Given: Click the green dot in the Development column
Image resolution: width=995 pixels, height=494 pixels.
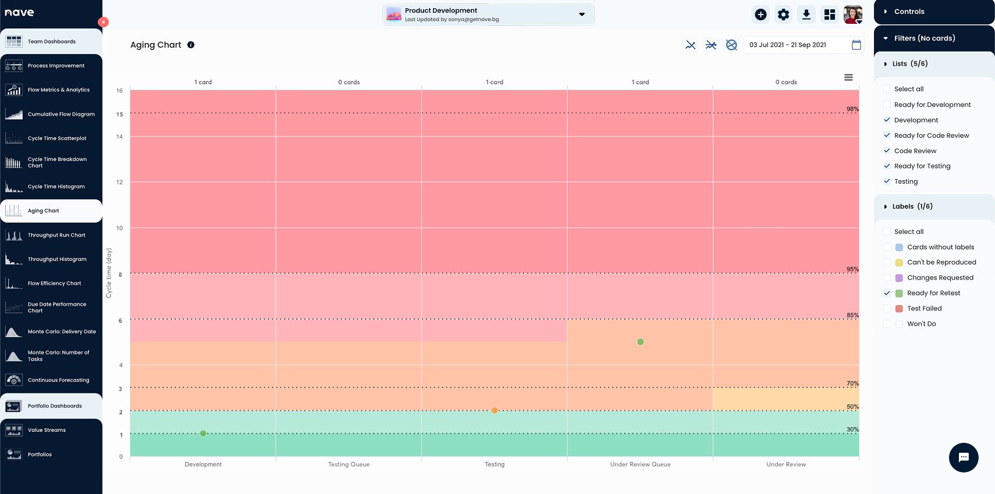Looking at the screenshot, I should (x=203, y=434).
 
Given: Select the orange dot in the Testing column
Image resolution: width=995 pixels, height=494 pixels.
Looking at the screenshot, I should (x=495, y=411).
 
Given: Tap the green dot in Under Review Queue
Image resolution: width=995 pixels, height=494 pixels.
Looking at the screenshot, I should (x=641, y=342).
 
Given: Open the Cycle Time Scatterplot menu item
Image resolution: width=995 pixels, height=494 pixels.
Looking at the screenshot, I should (x=56, y=138).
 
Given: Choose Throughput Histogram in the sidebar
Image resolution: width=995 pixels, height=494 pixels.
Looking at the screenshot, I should (x=56, y=259).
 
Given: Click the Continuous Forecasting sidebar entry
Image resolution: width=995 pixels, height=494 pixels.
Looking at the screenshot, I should (x=58, y=380).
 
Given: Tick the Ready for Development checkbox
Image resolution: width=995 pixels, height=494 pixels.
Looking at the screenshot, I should (x=887, y=105).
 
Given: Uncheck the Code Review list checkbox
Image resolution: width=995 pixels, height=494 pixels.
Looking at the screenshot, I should (x=887, y=151).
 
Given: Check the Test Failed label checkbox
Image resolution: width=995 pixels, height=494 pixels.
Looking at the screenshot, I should (x=887, y=309).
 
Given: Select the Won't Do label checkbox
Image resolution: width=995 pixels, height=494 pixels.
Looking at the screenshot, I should (x=887, y=324).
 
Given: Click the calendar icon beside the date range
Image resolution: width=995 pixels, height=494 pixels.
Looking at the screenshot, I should (x=857, y=45).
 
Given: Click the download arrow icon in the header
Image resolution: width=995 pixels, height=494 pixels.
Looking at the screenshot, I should (x=806, y=15).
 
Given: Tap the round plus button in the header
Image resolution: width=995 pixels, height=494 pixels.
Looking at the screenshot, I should (x=761, y=15).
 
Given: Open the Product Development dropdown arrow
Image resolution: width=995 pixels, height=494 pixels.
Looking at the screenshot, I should (x=582, y=15).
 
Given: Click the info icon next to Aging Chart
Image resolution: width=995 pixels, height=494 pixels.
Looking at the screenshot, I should (x=191, y=45).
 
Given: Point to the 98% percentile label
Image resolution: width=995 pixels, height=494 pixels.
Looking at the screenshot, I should (x=852, y=109).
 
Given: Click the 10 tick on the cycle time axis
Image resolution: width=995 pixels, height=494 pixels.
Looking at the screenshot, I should (x=120, y=228).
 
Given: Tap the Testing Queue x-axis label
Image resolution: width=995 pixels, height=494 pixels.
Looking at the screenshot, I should (x=349, y=464).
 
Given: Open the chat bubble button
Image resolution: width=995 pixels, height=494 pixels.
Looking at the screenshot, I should (x=964, y=457).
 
